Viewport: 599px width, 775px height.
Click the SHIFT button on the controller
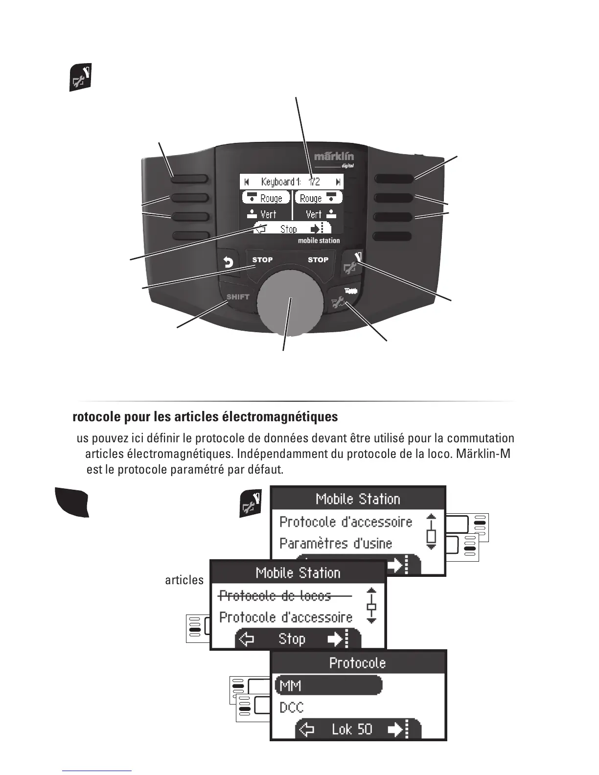(x=238, y=297)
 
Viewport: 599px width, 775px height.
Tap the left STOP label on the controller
(x=262, y=260)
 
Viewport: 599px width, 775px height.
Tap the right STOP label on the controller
(x=318, y=260)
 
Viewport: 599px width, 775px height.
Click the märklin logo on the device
(x=334, y=157)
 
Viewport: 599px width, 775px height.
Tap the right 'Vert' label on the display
(x=314, y=214)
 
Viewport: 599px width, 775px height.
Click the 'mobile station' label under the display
(x=319, y=241)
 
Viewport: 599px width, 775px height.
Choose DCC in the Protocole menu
(x=292, y=707)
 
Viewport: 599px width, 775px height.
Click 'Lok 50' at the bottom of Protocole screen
(x=352, y=729)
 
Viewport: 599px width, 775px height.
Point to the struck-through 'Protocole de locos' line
(x=275, y=596)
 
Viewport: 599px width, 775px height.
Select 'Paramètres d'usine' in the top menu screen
(x=336, y=544)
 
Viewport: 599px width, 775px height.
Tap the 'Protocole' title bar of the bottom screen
(x=358, y=663)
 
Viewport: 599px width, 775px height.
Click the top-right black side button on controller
(x=393, y=179)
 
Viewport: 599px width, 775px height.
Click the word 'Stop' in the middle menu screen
(x=292, y=639)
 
